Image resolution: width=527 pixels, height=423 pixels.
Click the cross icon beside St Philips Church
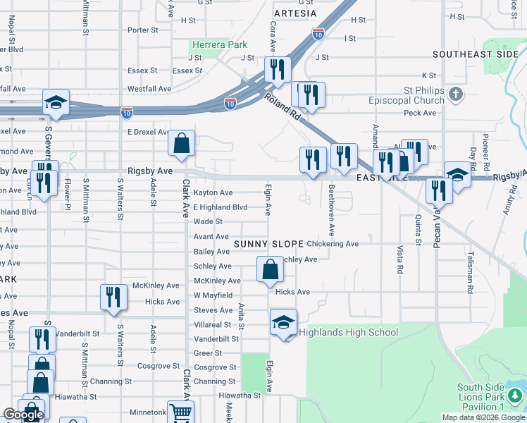tap(456, 94)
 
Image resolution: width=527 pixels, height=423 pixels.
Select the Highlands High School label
tap(349, 332)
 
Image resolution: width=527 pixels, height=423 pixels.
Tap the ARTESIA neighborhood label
tap(295, 13)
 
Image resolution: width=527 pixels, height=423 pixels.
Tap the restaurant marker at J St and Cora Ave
tap(278, 69)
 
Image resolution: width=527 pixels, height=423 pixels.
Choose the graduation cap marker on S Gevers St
tap(56, 102)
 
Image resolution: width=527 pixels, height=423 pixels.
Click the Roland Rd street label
tap(283, 105)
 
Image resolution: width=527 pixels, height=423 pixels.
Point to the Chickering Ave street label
tap(333, 244)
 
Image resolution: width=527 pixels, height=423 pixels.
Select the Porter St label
tap(143, 30)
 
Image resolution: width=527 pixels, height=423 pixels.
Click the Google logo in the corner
tap(24, 415)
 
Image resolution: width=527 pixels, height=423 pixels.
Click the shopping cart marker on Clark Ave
tap(180, 412)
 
